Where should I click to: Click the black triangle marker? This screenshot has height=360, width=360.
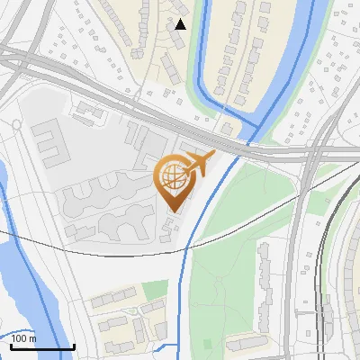pyautogui.click(x=181, y=24)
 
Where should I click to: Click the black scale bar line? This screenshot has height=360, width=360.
pyautogui.click(x=41, y=346)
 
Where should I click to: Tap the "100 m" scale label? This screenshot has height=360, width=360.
pyautogui.click(x=24, y=339)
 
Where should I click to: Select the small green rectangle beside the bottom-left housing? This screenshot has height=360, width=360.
pyautogui.click(x=155, y=289)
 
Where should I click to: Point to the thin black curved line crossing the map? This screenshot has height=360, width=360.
pyautogui.click(x=90, y=253)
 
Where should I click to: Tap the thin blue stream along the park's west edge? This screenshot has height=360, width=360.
pyautogui.click(x=186, y=270)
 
